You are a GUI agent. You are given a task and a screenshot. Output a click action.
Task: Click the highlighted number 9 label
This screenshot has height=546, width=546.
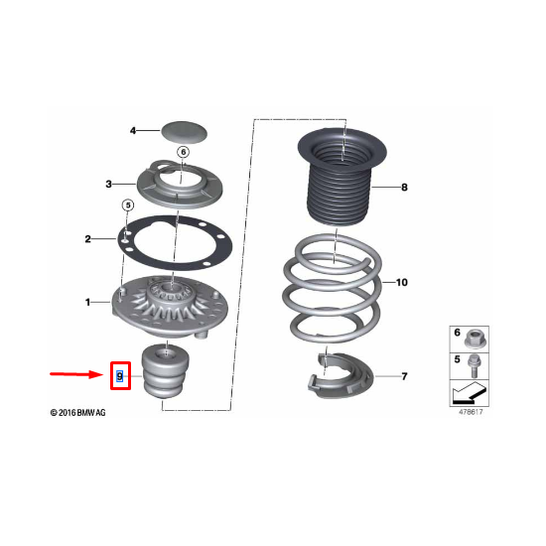pos(120,376)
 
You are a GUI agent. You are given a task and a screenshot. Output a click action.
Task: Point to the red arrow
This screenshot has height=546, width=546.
pos(76,374)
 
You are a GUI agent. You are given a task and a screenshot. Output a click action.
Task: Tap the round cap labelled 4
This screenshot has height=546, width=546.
pos(184,132)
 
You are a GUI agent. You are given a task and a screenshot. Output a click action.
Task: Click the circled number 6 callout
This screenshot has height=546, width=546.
pos(184,152)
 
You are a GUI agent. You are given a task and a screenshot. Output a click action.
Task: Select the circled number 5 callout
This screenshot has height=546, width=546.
pos(128,205)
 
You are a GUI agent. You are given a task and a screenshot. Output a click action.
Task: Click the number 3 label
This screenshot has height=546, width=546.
pos(108,184)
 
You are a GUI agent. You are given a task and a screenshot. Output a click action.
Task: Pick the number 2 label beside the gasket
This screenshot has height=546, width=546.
pos(87,239)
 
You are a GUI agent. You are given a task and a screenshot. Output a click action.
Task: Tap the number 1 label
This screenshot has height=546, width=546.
pos(87,302)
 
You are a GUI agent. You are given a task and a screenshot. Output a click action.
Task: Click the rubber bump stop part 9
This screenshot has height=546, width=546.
pos(166,370)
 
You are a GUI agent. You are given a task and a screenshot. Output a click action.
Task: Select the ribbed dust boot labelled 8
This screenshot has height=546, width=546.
pos(341,177)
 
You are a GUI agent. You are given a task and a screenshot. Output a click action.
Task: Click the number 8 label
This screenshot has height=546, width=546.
pos(404,188)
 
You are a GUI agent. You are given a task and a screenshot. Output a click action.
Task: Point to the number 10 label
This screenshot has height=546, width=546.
pos(401,282)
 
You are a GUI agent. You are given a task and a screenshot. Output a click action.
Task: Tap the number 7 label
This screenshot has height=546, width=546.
pos(404,376)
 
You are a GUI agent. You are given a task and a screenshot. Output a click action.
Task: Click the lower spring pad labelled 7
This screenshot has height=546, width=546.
pos(340,377)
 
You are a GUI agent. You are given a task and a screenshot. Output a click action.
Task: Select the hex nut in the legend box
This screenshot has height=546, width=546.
pos(476,339)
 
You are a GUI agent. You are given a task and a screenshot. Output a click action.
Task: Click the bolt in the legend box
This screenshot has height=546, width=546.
pos(473,365)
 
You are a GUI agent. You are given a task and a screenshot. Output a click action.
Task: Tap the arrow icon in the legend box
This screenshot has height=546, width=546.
pos(469,393)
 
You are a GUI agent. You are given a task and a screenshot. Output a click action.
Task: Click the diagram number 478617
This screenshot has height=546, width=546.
pos(471,412)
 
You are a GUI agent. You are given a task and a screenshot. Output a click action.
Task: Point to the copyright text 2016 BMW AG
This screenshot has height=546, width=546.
pos(78,413)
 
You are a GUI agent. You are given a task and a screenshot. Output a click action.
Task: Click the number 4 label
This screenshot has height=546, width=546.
pos(133,131)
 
